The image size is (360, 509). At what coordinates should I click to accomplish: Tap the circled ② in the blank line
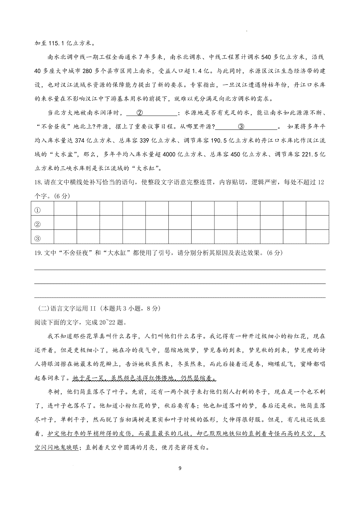click(x=140, y=113)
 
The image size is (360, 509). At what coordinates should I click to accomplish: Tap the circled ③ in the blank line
click(x=241, y=127)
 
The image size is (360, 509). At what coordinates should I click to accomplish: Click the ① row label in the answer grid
click(x=37, y=210)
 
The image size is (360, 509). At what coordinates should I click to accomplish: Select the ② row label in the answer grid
click(x=37, y=224)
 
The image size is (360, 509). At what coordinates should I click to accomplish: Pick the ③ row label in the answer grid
click(x=37, y=239)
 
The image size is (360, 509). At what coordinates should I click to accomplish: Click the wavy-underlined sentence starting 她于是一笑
click(x=144, y=378)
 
